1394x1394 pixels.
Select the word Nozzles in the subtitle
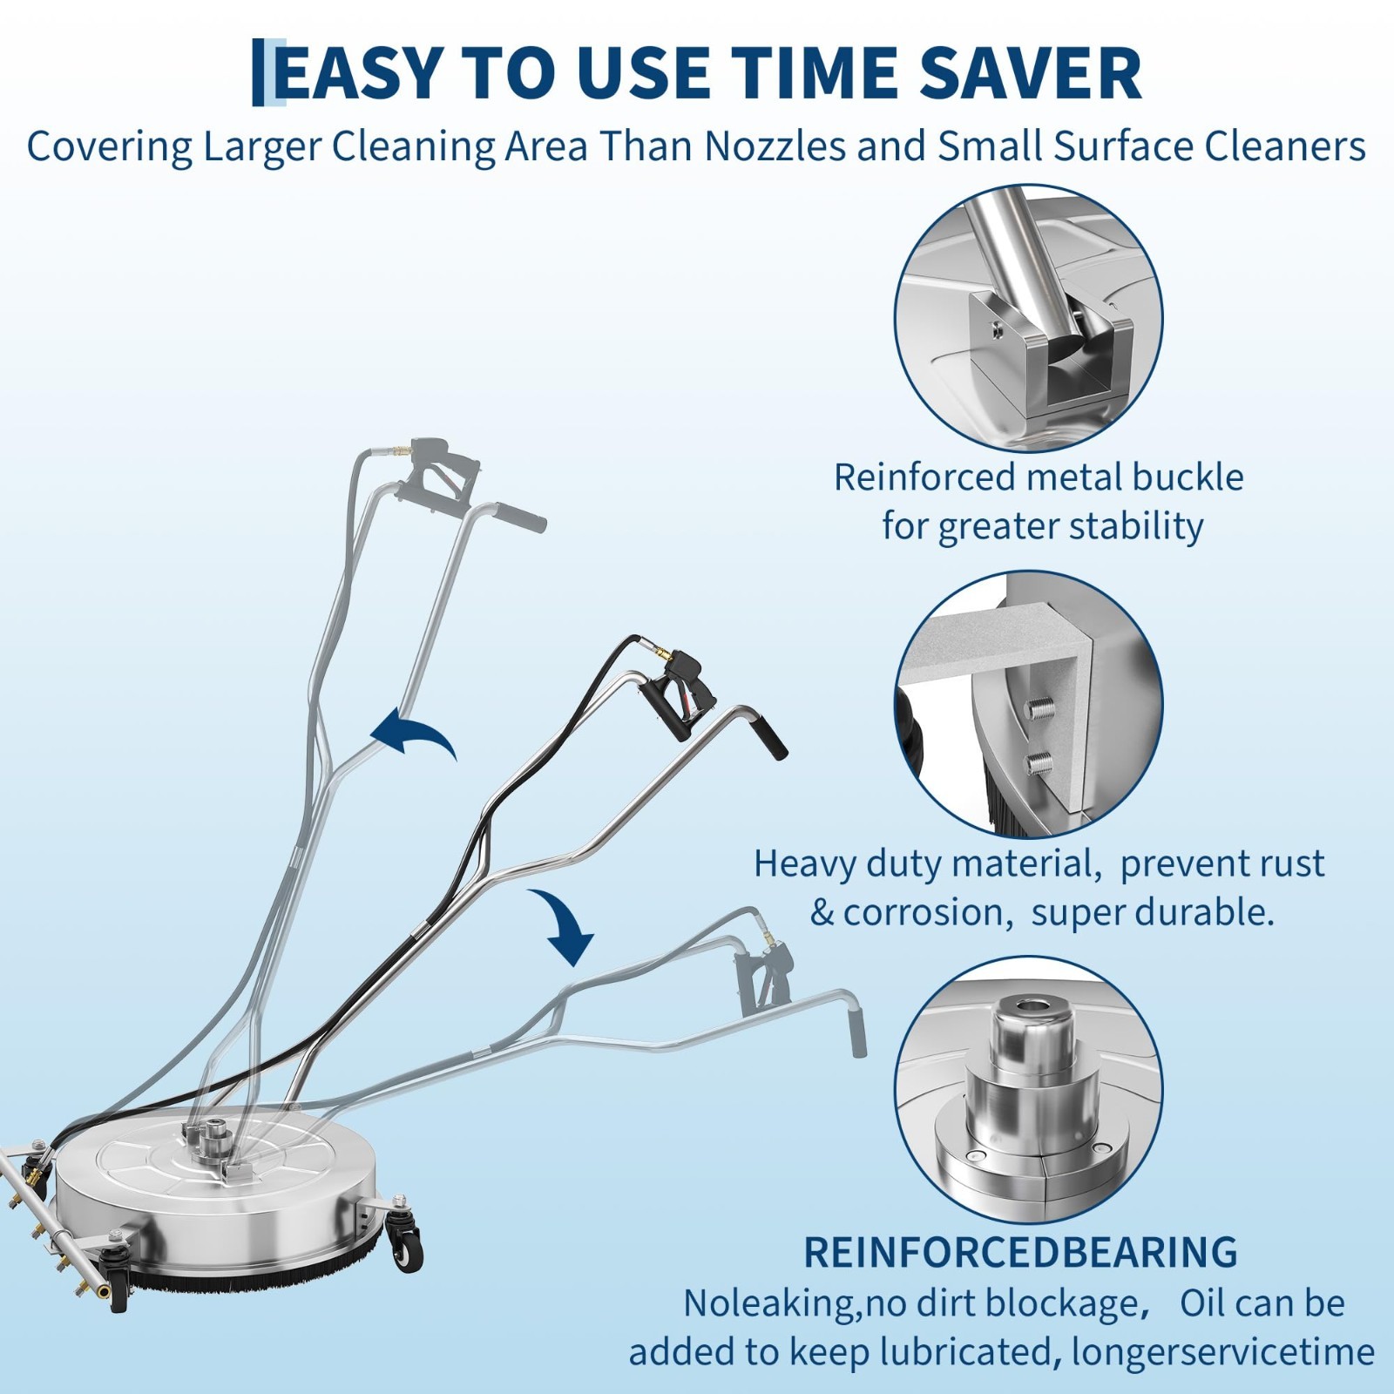point(775,146)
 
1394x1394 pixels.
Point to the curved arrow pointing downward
point(562,926)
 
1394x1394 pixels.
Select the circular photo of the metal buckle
point(1029,318)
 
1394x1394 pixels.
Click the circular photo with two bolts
point(1029,705)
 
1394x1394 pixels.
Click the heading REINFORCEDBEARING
point(1020,1253)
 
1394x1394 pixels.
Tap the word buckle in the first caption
point(1188,477)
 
